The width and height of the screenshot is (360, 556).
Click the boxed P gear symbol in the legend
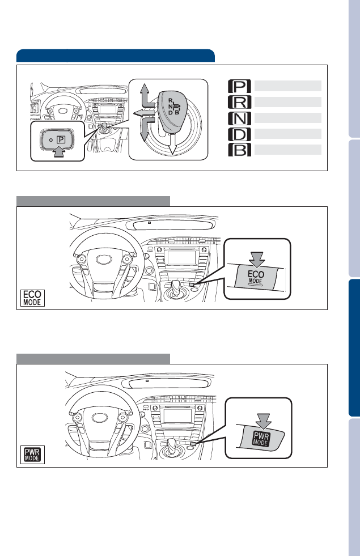tap(239, 86)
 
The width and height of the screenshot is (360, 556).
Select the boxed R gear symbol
tap(239, 102)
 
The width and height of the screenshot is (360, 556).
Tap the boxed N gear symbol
tap(239, 118)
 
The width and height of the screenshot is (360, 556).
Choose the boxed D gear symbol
tap(239, 134)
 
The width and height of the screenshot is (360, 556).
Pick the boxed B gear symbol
tap(239, 150)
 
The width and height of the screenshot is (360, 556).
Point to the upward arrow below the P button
tap(58, 152)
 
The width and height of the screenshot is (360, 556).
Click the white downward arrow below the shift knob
tap(172, 144)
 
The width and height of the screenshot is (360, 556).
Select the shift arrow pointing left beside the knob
tap(143, 113)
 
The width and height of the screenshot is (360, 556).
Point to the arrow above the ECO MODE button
tap(256, 260)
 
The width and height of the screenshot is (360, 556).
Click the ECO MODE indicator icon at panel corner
tap(32, 298)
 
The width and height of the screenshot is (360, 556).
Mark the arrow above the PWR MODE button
tap(264, 421)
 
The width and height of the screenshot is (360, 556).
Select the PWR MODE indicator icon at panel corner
tap(32, 455)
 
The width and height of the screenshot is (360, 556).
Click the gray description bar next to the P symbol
tap(287, 86)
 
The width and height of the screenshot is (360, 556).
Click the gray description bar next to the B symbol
tap(287, 150)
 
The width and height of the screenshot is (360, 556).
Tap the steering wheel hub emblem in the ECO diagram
tap(104, 260)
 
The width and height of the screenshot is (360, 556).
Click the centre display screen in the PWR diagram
tap(177, 415)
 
